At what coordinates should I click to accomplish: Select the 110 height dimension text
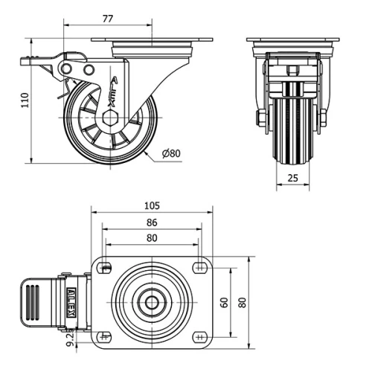click(x=25, y=100)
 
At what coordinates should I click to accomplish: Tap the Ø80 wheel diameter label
click(x=172, y=154)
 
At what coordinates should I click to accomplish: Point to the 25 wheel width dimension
click(x=292, y=179)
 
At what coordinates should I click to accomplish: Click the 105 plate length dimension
click(x=152, y=205)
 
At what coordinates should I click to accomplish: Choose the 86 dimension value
click(x=152, y=222)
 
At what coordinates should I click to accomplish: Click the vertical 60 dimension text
click(x=223, y=303)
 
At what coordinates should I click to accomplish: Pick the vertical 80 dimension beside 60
click(x=242, y=303)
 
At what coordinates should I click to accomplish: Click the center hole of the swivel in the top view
click(x=152, y=303)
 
